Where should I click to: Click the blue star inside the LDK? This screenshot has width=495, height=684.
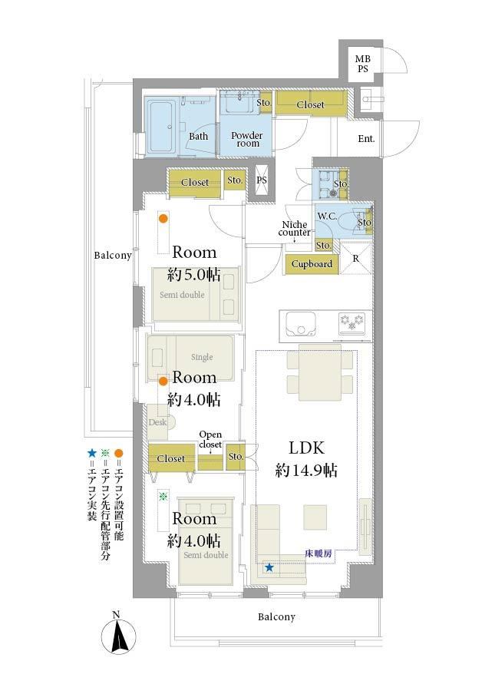pyautogui.click(x=269, y=567)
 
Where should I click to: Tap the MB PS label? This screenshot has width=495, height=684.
pyautogui.click(x=362, y=64)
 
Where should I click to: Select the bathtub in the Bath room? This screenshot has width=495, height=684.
pyautogui.click(x=161, y=127)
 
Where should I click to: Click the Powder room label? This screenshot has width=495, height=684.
pyautogui.click(x=247, y=139)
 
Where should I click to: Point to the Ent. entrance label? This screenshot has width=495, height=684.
pyautogui.click(x=366, y=139)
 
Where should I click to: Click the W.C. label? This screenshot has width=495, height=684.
pyautogui.click(x=327, y=216)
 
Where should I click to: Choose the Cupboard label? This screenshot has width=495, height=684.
pyautogui.click(x=312, y=264)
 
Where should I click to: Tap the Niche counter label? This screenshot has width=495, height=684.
pyautogui.click(x=295, y=229)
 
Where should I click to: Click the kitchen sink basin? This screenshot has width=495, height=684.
pyautogui.click(x=300, y=325)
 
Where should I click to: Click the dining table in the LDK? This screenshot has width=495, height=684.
pyautogui.click(x=320, y=372)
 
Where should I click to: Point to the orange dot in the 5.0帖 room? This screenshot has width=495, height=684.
pyautogui.click(x=163, y=219)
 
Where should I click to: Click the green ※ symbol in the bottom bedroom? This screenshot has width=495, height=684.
pyautogui.click(x=163, y=496)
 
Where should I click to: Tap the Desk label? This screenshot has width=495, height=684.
pyautogui.click(x=157, y=422)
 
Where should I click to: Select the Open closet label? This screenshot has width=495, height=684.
pyautogui.click(x=210, y=440)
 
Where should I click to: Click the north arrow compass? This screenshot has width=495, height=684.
pyautogui.click(x=117, y=635)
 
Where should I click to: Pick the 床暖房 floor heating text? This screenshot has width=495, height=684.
pyautogui.click(x=318, y=554)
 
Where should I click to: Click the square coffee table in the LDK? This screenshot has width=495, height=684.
pyautogui.click(x=315, y=517)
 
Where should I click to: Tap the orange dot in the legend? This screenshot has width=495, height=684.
pyautogui.click(x=119, y=453)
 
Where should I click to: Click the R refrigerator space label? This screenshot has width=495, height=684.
pyautogui.click(x=356, y=259)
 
